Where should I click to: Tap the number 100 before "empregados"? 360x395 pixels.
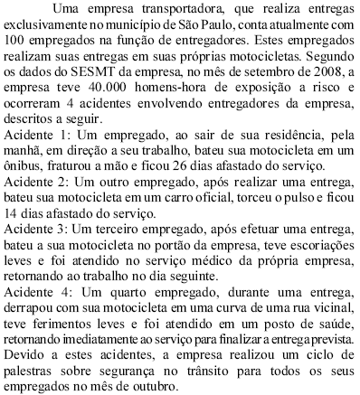point(17,41)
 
